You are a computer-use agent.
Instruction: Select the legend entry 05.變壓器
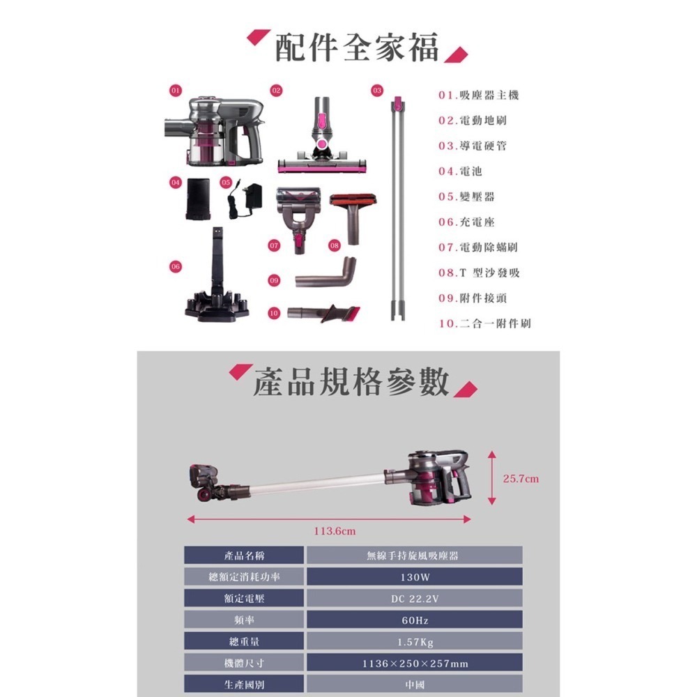[466, 197]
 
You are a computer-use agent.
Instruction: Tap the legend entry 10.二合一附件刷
[484, 323]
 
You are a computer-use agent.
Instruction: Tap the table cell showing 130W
[413, 578]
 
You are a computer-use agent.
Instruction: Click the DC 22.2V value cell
[413, 599]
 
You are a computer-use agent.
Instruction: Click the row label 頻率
[244, 620]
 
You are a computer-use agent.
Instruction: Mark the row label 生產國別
[244, 685]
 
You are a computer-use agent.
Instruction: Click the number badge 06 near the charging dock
[174, 266]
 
